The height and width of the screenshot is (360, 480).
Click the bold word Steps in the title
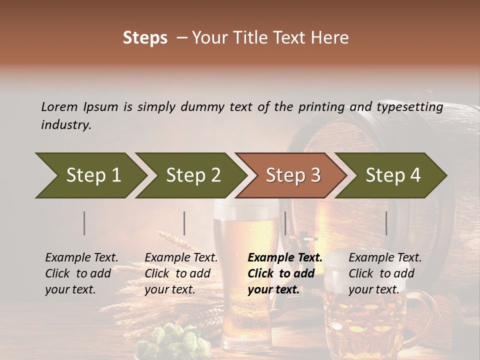tap(145, 38)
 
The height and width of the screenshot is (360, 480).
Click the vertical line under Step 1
tap(84, 223)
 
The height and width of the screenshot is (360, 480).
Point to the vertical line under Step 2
tap(184, 223)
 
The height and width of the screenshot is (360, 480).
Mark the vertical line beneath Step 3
tap(285, 223)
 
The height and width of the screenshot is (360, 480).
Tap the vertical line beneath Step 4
tap(386, 223)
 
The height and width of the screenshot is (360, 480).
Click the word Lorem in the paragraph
tap(59, 106)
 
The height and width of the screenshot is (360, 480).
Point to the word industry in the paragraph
tap(66, 124)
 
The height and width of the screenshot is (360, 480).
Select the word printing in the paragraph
tap(321, 106)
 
